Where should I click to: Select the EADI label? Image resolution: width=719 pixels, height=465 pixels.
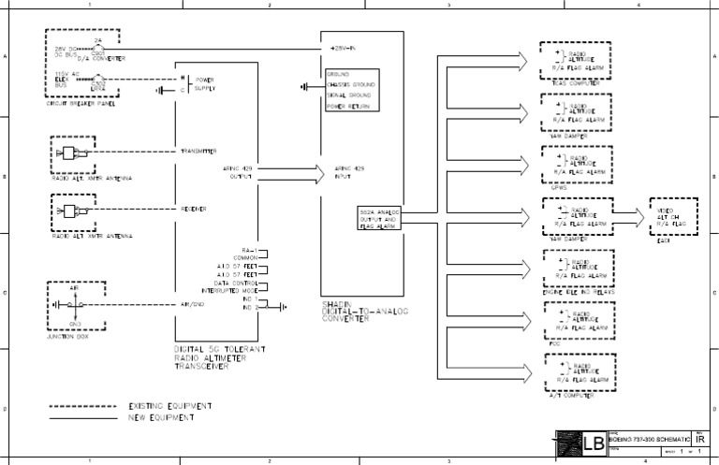point(664,240)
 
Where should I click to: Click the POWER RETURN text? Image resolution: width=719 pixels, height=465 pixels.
point(347,107)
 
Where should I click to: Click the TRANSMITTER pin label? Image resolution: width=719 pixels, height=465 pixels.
point(198,151)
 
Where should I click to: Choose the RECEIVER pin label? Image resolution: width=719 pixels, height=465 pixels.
point(194,208)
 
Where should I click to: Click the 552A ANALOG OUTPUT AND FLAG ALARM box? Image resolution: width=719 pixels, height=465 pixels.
point(379,218)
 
